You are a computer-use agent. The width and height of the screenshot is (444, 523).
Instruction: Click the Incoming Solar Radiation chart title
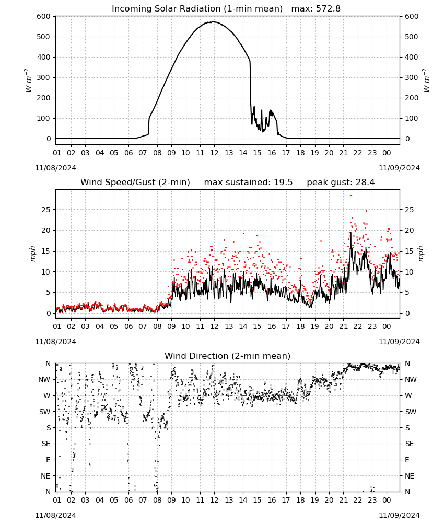[197, 9]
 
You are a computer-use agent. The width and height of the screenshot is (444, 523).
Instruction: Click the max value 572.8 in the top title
[328, 9]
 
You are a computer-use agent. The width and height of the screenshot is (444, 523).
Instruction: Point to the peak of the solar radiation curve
[214, 21]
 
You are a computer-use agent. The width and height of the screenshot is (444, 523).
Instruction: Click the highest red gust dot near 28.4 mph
[351, 196]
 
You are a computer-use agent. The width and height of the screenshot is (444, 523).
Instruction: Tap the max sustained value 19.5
[283, 183]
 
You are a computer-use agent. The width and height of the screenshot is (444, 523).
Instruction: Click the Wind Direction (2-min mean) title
[228, 356]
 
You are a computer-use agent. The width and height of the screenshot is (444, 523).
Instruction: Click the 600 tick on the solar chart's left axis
[44, 16]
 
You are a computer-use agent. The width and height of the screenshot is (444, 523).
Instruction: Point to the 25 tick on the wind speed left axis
[46, 210]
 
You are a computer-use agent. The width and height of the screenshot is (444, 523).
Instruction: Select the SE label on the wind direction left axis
[46, 444]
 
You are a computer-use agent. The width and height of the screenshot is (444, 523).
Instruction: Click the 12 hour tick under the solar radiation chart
[214, 153]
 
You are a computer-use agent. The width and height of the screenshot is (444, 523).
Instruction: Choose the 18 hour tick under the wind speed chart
[300, 326]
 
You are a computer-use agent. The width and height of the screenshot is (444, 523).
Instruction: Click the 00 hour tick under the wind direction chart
[387, 501]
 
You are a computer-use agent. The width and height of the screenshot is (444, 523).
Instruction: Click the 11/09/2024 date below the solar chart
[399, 168]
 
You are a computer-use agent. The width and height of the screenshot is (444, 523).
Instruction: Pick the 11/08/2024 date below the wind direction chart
[55, 515]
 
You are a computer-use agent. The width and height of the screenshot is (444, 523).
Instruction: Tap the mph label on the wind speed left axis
[32, 254]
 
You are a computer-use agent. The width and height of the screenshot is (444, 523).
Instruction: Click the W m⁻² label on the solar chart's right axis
[426, 81]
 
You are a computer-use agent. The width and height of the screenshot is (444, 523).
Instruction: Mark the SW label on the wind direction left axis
[45, 412]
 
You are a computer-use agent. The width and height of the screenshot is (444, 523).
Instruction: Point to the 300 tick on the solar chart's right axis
[412, 77]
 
